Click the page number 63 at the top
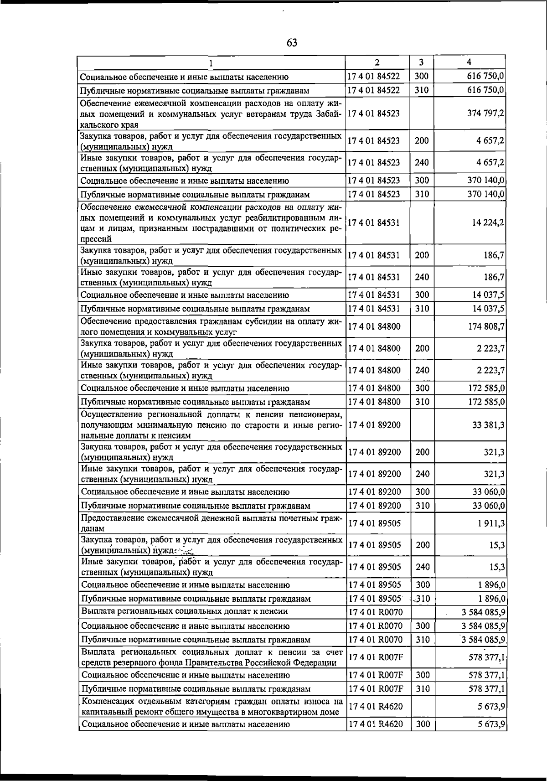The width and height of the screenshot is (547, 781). (x=292, y=43)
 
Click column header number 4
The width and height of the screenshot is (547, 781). (x=469, y=62)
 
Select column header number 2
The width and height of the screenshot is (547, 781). (x=377, y=62)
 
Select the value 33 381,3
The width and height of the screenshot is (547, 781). (x=488, y=425)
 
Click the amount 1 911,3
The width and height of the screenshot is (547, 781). (x=491, y=523)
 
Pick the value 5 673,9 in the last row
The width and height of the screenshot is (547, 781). (x=491, y=724)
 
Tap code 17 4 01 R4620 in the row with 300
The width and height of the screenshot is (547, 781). (x=375, y=724)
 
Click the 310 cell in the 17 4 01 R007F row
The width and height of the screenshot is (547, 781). (x=423, y=689)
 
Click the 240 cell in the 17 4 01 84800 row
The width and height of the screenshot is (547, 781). (x=422, y=370)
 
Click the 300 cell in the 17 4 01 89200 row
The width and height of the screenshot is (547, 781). (x=423, y=492)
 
